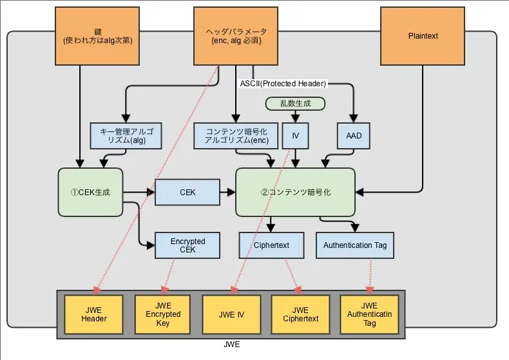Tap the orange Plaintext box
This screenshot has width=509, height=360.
[423, 36]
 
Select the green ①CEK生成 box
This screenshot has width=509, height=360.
[90, 192]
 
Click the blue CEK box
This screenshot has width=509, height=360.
[187, 192]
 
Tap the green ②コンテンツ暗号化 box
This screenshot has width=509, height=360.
[295, 192]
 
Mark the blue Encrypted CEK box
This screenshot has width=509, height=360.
[187, 245]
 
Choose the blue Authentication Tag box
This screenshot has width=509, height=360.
[356, 245]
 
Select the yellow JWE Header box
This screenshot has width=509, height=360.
[93, 314]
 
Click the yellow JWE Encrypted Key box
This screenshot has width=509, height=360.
[162, 314]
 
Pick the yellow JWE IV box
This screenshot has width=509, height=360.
[231, 314]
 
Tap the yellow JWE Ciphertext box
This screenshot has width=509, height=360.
[300, 314]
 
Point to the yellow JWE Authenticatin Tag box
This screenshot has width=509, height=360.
[369, 314]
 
